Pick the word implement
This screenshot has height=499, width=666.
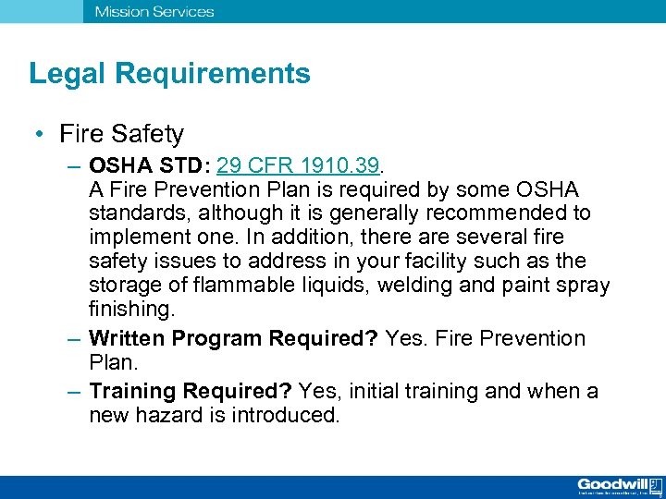pyautogui.click(x=138, y=237)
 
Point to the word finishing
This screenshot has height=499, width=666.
pyautogui.click(x=129, y=308)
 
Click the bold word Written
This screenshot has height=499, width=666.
pyautogui.click(x=129, y=338)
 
